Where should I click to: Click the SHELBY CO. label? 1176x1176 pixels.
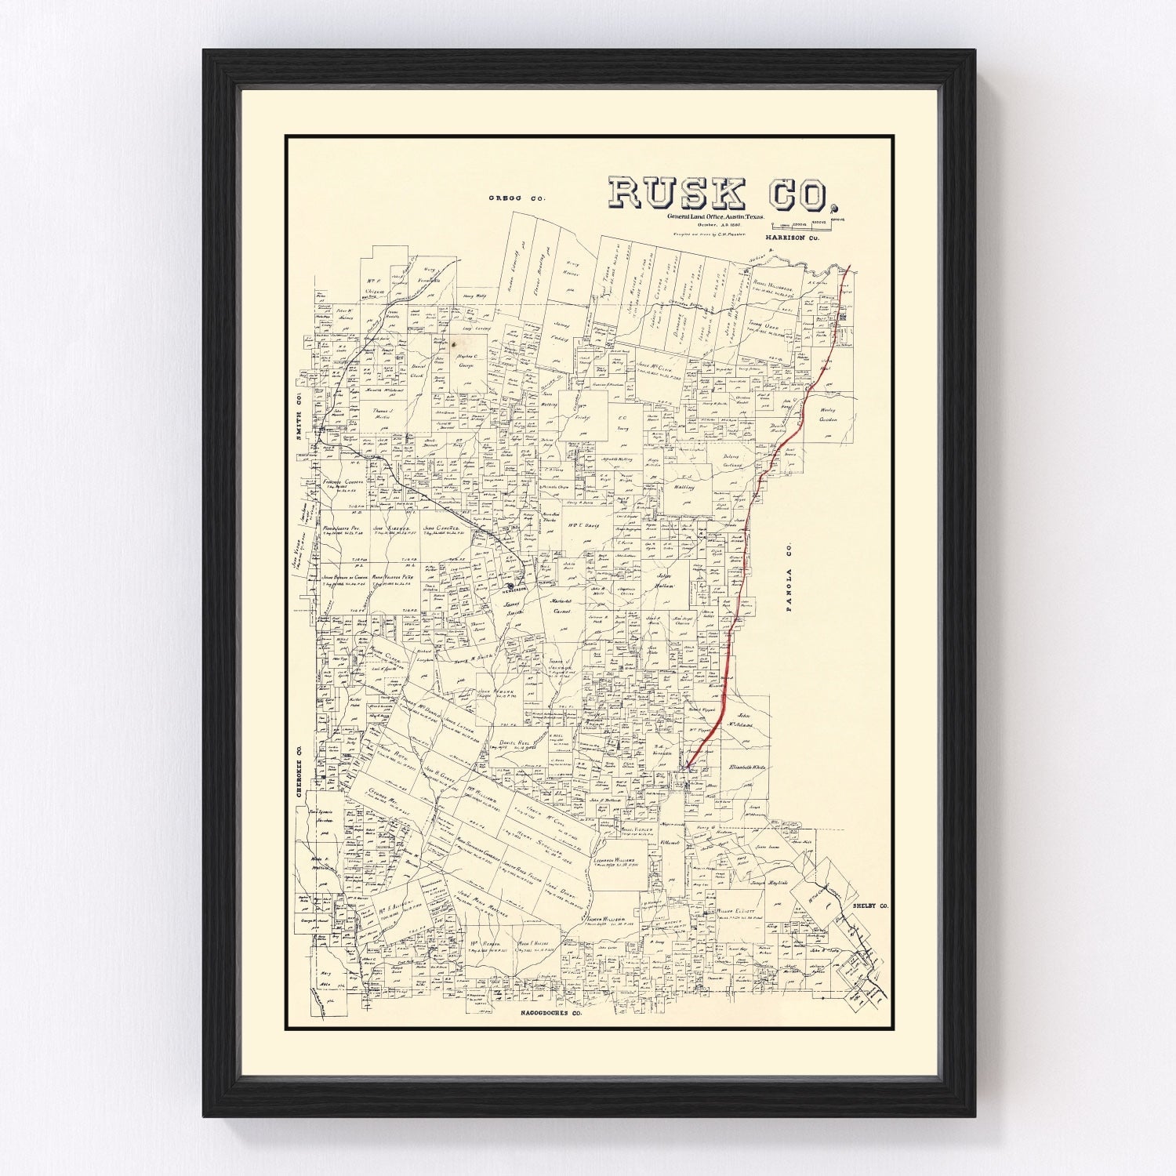click(x=870, y=906)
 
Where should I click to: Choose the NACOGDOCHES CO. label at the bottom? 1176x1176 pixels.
click(x=553, y=1014)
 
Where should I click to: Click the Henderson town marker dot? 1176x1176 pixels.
click(x=510, y=586)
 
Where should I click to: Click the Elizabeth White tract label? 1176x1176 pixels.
click(x=746, y=768)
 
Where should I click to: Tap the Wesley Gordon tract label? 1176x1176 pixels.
click(x=828, y=415)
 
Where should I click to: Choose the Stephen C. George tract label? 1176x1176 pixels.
click(x=466, y=361)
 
